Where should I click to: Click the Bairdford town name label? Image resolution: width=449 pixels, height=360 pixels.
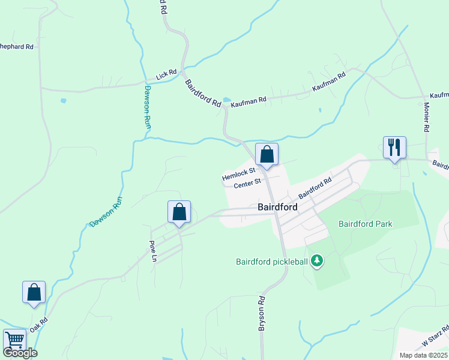coord(278,206)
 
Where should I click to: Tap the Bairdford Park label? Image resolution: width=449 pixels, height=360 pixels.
coord(365,224)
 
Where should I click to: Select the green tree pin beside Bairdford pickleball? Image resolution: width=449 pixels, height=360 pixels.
coord(317,261)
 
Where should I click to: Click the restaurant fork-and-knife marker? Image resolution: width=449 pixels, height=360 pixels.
coord(394,148)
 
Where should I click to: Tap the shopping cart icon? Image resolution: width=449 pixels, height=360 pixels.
coord(14,340)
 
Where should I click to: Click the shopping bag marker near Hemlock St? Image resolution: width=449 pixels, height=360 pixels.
coord(267,154)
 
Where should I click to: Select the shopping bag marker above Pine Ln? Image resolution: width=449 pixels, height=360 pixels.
coord(179,212)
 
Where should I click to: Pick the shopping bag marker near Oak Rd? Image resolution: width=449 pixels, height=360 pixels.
coord(34,292)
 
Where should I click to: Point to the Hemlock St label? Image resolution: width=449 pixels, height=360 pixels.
coord(239,174)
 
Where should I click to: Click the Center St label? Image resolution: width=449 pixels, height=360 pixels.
coord(247,182)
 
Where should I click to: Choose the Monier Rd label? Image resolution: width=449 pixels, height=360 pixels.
coord(426,116)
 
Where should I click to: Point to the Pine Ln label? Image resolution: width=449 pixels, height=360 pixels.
coord(153,251)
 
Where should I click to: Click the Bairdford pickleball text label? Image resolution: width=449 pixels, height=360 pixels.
coord(272,261)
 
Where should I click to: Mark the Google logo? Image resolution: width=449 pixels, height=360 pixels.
coord(20,353)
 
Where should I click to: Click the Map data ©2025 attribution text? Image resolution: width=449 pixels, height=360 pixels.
coord(423,355)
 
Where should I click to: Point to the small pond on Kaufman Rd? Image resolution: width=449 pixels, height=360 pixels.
coord(226,100)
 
